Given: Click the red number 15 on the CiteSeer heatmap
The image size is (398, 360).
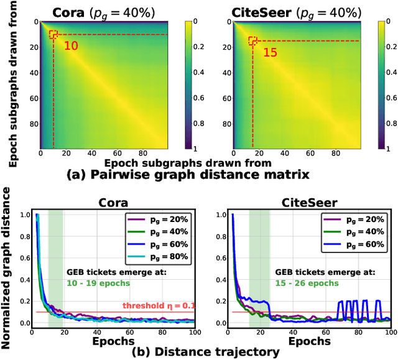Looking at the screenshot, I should point(271,53).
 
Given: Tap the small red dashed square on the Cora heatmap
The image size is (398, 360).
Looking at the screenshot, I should point(53,35).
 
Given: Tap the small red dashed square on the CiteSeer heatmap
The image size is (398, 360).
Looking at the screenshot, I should point(252,41).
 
